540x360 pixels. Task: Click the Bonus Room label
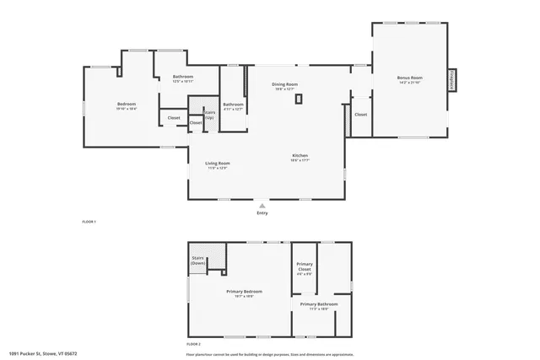coord(410,78)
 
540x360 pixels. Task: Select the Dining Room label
coord(284,83)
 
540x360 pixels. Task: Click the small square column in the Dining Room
coord(299,99)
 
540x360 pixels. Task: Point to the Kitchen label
coord(300,155)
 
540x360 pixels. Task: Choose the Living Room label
coord(218,163)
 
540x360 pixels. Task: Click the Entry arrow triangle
coord(262,205)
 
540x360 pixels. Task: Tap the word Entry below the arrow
coord(262,213)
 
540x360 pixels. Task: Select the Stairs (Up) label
coord(208,114)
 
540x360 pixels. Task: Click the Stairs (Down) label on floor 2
coord(198,261)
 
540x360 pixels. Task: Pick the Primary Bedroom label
coord(244,292)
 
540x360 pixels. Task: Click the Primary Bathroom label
coord(319,304)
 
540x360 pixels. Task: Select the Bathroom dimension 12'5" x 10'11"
coord(183,82)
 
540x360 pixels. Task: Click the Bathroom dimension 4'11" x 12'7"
coord(233,109)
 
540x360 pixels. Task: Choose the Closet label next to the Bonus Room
coord(360,114)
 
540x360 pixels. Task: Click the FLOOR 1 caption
coord(89,221)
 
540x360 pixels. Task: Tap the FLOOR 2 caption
coord(194,344)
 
